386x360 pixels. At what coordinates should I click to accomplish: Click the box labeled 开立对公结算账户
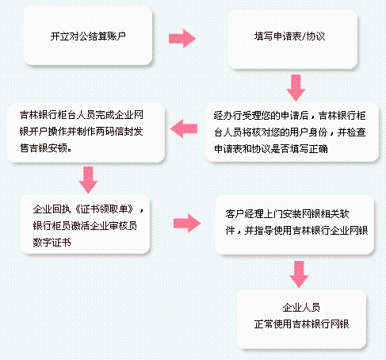tap(88, 36)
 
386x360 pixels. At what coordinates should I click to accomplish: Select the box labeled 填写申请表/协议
tap(292, 40)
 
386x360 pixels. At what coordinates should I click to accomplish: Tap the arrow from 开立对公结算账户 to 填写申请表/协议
tap(182, 39)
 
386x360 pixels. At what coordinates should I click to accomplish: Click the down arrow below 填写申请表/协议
tap(296, 88)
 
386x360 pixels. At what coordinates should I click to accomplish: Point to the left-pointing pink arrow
tap(184, 128)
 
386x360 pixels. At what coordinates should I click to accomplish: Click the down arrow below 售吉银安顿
tap(88, 180)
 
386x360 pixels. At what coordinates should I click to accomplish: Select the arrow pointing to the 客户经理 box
tap(187, 224)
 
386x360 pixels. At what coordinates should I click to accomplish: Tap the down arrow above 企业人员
tap(299, 274)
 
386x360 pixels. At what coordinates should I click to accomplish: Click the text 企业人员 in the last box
tap(301, 308)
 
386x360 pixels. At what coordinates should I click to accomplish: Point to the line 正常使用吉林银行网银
tap(301, 324)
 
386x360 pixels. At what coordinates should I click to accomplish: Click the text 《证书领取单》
tap(104, 209)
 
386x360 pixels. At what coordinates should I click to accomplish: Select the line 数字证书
tap(52, 243)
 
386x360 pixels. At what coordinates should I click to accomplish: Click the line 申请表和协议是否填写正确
tap(271, 149)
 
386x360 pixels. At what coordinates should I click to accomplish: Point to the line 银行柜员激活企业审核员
tap(85, 226)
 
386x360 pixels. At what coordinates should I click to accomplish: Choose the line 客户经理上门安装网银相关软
tap(287, 214)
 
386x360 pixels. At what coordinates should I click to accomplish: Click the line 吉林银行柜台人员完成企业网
tap(82, 115)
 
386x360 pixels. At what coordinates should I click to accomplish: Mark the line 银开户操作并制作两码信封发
tap(82, 132)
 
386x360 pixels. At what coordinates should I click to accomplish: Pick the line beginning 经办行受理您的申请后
tap(290, 116)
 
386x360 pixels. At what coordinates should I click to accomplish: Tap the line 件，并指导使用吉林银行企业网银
tap(296, 231)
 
